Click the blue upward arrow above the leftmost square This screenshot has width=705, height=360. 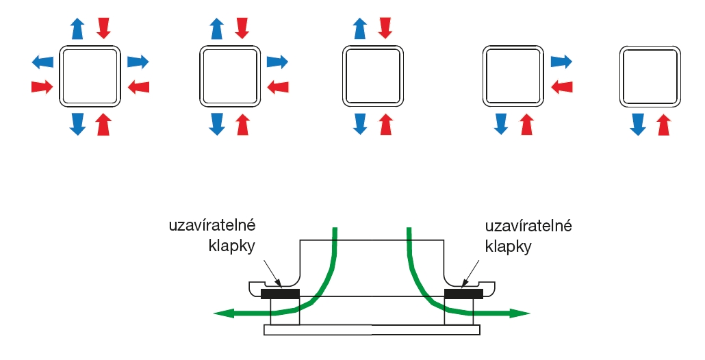[77, 29]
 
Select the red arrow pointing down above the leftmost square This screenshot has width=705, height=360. [103, 28]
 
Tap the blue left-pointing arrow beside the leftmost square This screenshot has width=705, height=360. [42, 62]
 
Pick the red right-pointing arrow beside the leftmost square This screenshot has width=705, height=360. [42, 87]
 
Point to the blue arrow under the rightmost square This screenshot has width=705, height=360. [638, 125]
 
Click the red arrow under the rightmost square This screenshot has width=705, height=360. [663, 125]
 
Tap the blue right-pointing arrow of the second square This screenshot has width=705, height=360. [277, 62]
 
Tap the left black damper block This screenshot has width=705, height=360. [281, 294]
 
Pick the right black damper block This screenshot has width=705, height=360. [464, 294]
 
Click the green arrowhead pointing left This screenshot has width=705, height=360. [222, 313]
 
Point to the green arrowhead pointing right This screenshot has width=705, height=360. [522, 313]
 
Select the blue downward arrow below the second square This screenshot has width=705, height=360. [217, 124]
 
